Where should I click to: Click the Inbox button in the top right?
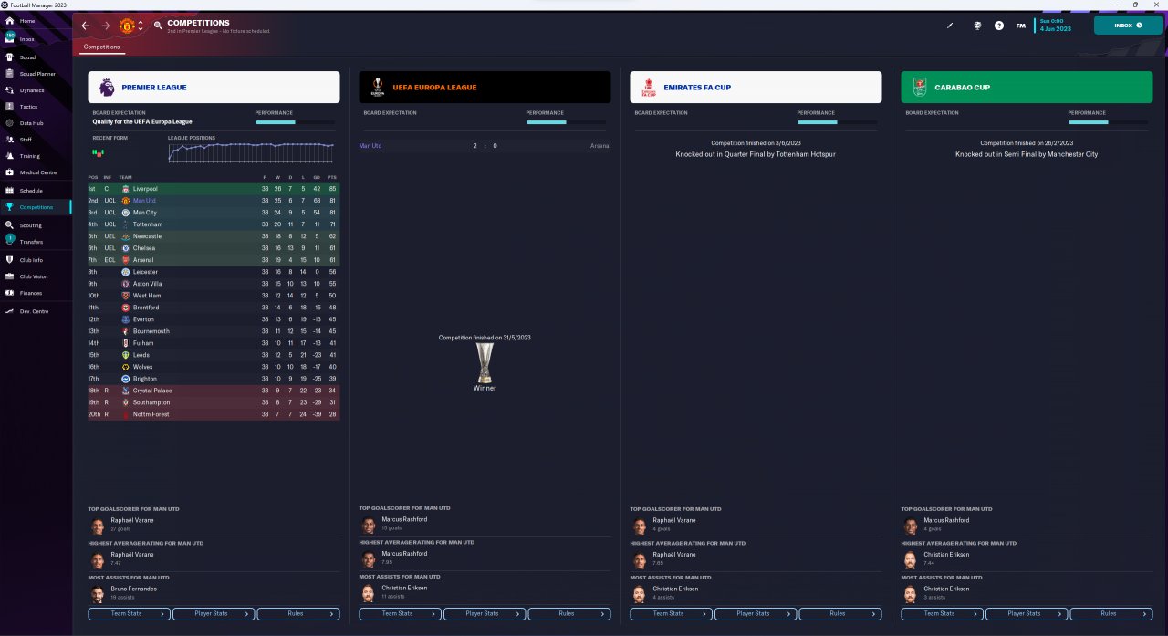coord(1128,26)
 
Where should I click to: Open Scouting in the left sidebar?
coord(30,224)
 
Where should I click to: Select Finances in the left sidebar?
coord(31,293)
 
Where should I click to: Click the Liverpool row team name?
coord(146,189)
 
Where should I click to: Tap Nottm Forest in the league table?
coord(151,414)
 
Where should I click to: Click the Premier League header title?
coord(154,88)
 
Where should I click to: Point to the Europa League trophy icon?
coord(485,362)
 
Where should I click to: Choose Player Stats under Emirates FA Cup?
coord(753,613)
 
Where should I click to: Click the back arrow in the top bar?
coord(86,26)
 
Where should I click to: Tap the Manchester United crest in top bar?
coord(128,26)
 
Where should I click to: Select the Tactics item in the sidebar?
coord(28,107)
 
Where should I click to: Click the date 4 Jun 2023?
coord(1052,29)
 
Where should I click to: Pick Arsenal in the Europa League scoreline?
coord(600,146)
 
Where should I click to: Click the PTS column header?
coord(332,177)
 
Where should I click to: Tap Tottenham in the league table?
coord(148,224)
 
